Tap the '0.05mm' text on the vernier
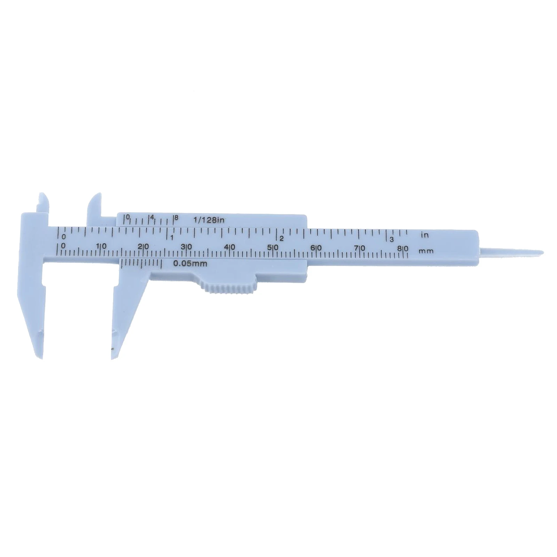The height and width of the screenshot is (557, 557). pos(190,264)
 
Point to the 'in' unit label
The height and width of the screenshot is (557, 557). pos(424,235)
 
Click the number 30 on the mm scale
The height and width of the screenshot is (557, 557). pos(187,246)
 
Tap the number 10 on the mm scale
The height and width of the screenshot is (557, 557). pos(102,246)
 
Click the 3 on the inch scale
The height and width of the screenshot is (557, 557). pos(391,239)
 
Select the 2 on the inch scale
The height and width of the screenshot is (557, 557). pos(282,238)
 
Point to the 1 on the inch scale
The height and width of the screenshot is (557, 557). pos(172,237)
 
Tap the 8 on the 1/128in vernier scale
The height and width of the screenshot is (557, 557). pos(176,217)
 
